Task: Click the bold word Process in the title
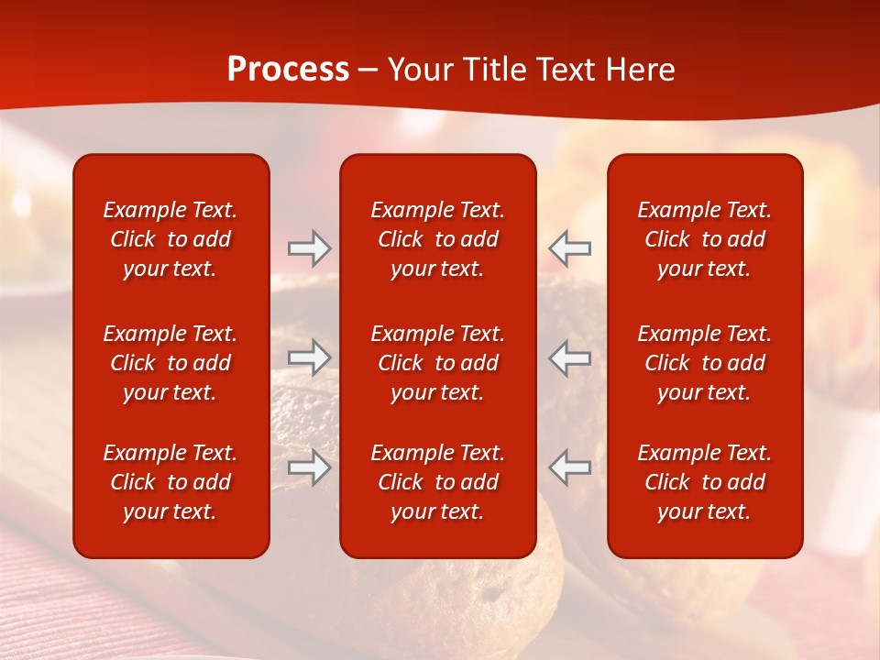288,70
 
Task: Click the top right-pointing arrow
309,248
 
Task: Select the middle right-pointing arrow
309,357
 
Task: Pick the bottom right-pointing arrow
309,467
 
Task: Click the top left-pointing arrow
569,248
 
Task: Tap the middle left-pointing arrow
569,357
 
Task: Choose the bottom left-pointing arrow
569,467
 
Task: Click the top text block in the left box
170,239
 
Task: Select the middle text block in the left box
170,363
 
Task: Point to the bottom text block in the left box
170,482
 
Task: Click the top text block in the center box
437,239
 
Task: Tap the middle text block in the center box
437,363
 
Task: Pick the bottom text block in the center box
437,482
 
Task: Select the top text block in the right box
704,239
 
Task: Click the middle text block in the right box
704,363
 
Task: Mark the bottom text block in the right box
704,482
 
